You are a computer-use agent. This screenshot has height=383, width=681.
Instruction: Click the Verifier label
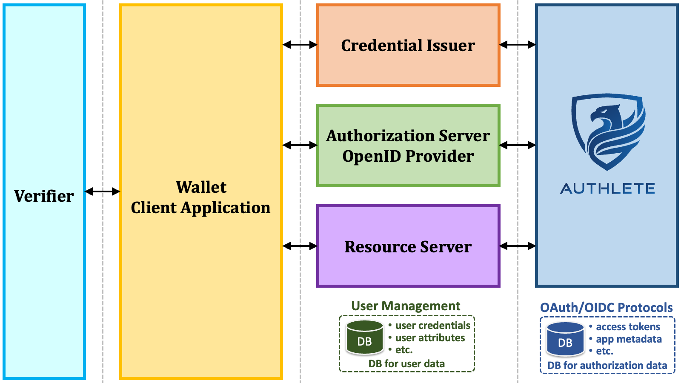44,196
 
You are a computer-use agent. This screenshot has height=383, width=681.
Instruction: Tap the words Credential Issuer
408,45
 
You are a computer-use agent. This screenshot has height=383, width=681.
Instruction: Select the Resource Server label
408,246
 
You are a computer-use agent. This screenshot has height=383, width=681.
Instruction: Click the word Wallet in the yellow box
201,187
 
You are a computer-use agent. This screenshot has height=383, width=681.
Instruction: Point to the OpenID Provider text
408,156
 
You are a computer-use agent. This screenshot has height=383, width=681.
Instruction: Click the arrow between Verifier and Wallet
103,191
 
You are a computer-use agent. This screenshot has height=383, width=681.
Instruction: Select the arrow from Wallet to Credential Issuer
300,45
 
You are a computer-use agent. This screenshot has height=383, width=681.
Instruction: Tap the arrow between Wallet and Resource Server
300,246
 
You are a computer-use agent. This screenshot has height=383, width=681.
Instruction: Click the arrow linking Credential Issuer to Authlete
518,45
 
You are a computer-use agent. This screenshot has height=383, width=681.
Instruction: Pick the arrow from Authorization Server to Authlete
518,145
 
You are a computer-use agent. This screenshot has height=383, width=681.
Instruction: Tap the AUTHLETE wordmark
607,189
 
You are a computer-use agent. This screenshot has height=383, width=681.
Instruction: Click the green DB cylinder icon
364,337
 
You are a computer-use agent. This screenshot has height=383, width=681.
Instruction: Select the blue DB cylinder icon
565,339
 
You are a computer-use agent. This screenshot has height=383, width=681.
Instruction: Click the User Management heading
406,306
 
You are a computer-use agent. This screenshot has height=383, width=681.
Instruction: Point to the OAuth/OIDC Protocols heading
606,308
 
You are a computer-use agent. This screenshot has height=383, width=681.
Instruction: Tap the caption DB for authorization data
607,366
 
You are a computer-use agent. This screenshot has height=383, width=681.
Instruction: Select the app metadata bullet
625,339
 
